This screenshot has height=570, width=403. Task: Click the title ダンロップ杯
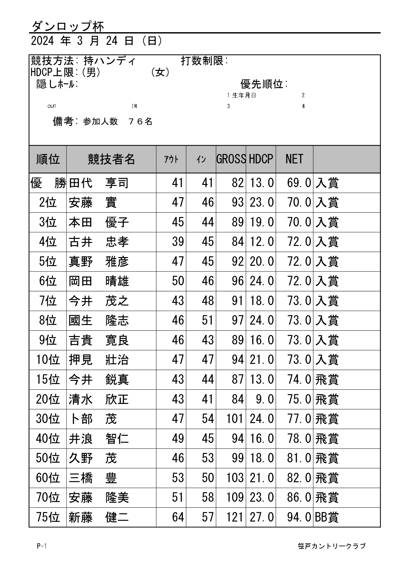pos(68,26)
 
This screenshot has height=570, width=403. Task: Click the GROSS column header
pos(231,159)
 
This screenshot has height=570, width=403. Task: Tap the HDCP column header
pos(261,159)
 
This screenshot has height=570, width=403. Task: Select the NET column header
pos(294,159)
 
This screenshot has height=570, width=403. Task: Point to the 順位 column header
pos(48,159)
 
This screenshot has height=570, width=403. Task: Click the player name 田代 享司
pos(99,183)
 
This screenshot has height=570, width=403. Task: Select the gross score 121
pos(235,517)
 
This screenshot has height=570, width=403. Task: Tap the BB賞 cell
pos(327,517)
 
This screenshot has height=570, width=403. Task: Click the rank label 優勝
pos(48,183)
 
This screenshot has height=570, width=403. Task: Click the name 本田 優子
pos(99,222)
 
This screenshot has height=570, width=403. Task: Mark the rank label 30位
pos(48,419)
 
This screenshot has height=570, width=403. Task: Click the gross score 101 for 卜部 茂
pos(235,419)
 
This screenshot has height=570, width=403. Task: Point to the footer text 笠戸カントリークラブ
pos(331,546)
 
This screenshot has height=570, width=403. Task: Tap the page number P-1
pos(42,546)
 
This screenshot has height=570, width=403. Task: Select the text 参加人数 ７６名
pos(118,122)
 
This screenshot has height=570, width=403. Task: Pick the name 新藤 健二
pos(99,517)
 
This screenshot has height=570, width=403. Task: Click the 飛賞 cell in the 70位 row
pos(327,498)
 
